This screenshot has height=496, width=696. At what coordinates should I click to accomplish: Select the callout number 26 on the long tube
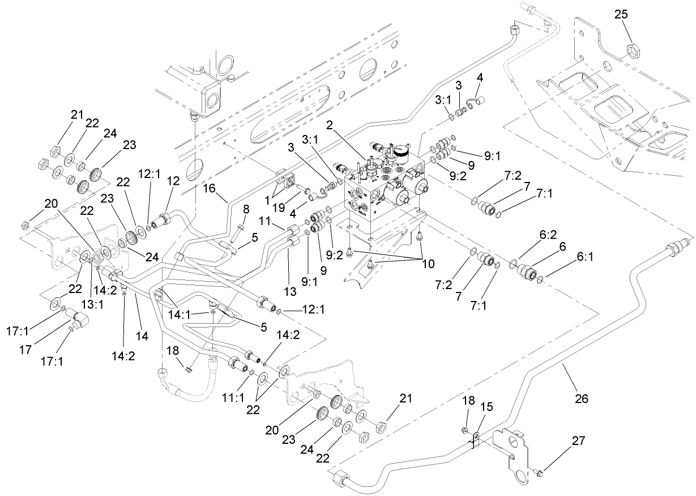coord(581,400)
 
